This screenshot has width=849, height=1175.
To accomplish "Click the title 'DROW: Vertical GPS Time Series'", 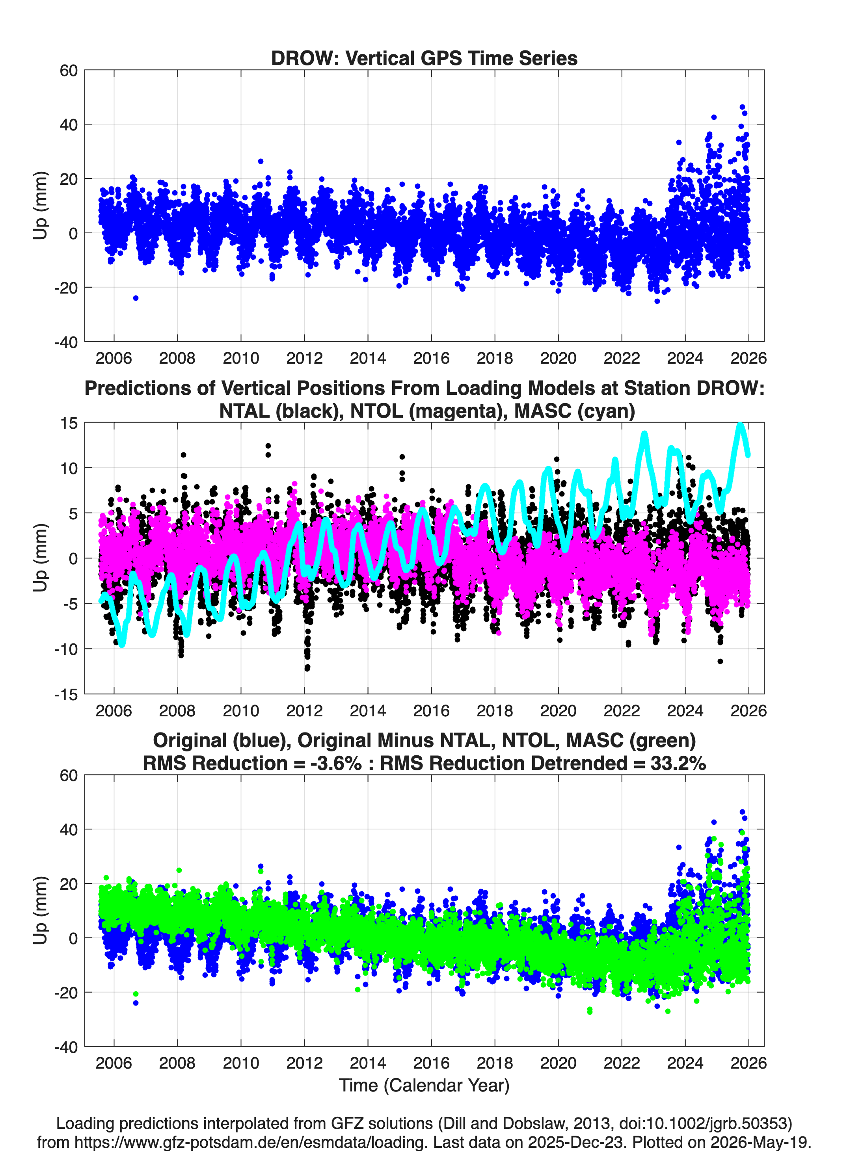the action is click(424, 58).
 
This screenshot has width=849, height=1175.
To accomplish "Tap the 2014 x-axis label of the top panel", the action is click(367, 358).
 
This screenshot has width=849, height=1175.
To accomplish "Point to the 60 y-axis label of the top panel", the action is click(69, 71).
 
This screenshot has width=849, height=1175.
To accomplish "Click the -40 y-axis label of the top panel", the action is click(66, 342).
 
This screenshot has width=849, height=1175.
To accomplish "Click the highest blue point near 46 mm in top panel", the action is click(742, 107).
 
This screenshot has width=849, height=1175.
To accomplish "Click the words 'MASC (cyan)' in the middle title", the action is click(575, 411).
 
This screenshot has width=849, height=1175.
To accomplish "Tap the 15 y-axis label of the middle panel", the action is click(69, 423).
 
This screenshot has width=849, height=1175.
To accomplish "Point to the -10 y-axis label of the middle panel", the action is click(66, 649).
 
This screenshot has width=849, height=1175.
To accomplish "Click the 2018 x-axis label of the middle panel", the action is click(495, 710).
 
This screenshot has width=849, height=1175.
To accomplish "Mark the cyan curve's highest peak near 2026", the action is click(741, 425).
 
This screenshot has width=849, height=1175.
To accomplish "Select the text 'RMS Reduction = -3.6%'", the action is click(252, 764).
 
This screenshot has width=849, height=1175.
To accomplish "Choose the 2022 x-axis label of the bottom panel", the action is click(622, 1063).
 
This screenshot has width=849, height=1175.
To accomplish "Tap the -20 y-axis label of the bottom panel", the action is click(66, 993).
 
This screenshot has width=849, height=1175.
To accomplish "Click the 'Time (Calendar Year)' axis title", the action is click(424, 1086).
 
